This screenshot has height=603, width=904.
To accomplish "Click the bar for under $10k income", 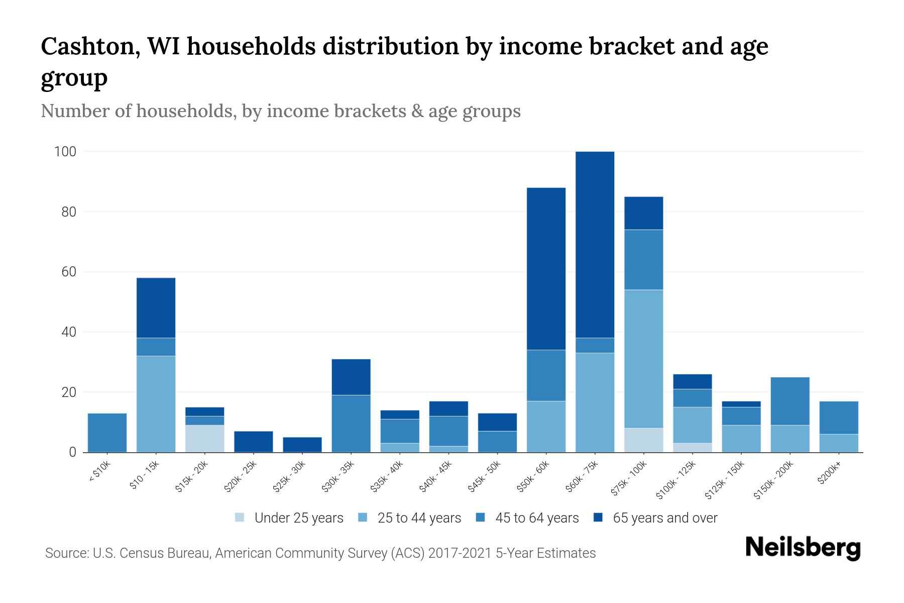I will click(x=107, y=433).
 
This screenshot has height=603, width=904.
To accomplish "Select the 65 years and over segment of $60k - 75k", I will click(x=595, y=244).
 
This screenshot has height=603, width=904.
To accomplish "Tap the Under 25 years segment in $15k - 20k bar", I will click(x=204, y=438).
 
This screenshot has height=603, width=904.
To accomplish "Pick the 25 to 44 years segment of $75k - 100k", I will click(x=643, y=359).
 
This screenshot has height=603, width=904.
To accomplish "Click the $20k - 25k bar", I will click(x=253, y=441).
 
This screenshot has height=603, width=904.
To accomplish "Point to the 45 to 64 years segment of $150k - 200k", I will click(x=789, y=401).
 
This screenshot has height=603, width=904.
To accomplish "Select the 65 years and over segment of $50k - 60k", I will click(x=546, y=268).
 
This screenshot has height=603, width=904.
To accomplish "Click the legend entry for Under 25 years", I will click(x=289, y=518).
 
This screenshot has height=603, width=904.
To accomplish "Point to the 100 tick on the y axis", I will click(x=65, y=152).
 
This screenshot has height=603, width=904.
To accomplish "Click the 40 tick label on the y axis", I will click(x=68, y=332).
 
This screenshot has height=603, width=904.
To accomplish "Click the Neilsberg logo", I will click(x=803, y=548).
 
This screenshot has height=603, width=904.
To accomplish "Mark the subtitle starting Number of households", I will click(x=280, y=111).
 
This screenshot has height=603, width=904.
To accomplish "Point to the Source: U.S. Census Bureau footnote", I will click(x=320, y=553).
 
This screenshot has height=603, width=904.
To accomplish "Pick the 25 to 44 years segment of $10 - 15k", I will click(x=156, y=404).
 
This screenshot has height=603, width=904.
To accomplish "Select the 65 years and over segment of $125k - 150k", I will click(x=741, y=404).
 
